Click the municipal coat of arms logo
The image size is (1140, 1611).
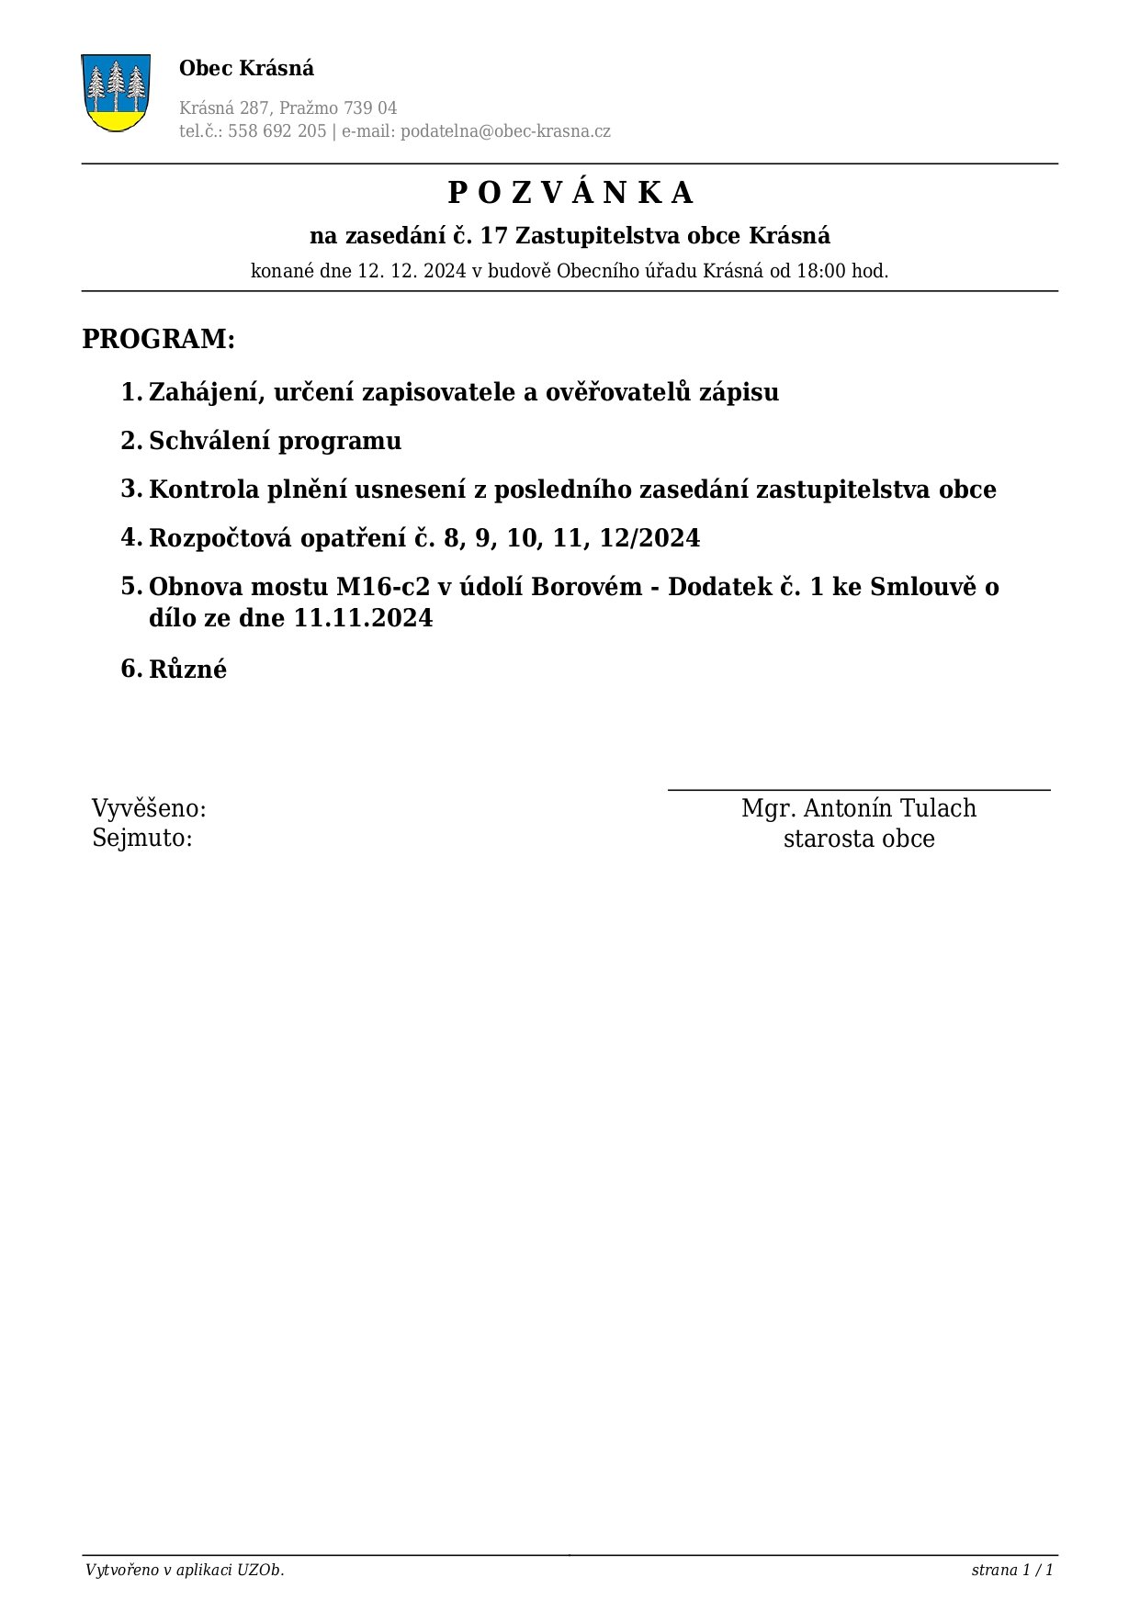tap(116, 92)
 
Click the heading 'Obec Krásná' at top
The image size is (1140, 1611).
tap(246, 68)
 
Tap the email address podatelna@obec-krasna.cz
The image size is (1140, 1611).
tap(505, 131)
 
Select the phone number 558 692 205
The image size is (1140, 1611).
tap(277, 131)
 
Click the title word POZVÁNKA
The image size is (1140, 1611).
tap(570, 193)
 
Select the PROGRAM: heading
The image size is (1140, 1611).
tap(159, 339)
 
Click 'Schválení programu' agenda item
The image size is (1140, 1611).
tap(275, 441)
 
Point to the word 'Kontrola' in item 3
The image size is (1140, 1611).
tap(204, 490)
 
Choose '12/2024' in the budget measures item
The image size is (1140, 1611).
tap(649, 538)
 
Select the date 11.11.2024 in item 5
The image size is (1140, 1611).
tap(363, 618)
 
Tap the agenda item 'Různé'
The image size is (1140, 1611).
tap(187, 669)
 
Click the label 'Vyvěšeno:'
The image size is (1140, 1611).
tap(149, 809)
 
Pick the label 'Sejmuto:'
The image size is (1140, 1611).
tap(142, 838)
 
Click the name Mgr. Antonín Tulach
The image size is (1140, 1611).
tap(859, 808)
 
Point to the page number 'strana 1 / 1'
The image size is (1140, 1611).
tap(1011, 1570)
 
